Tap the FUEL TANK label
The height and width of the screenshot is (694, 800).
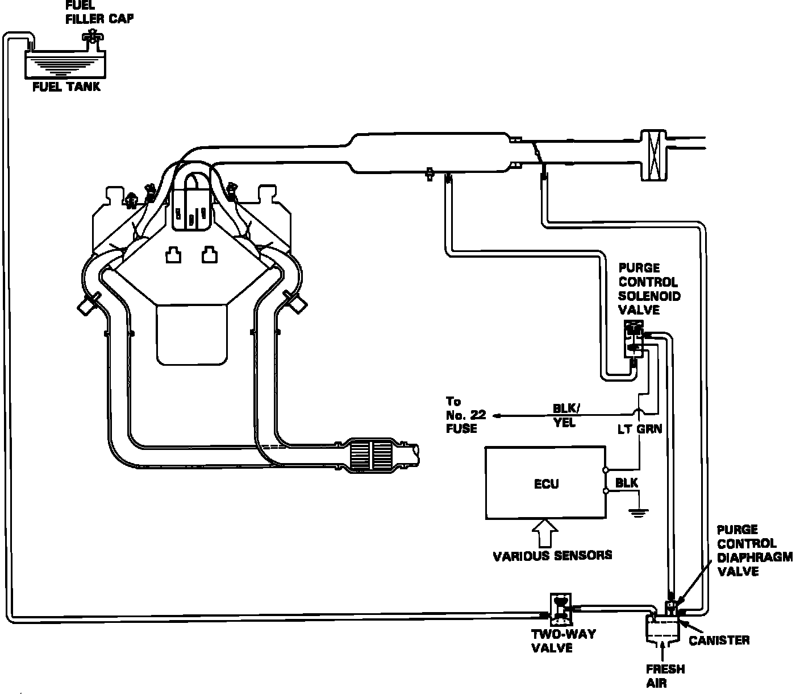click(x=66, y=86)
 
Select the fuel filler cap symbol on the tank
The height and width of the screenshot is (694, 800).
click(x=90, y=39)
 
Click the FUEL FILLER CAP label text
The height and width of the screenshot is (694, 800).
click(x=99, y=12)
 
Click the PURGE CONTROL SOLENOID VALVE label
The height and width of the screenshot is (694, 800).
click(x=649, y=289)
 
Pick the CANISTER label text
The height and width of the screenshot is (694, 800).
click(x=719, y=641)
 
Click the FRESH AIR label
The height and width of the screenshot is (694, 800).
click(x=665, y=676)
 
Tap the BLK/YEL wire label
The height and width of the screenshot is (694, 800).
click(x=566, y=416)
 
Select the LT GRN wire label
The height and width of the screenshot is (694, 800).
click(x=639, y=429)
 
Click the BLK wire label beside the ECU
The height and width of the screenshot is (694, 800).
click(x=627, y=483)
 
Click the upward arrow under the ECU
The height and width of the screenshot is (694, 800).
click(x=545, y=532)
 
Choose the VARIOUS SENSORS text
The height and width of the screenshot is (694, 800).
click(x=552, y=555)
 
